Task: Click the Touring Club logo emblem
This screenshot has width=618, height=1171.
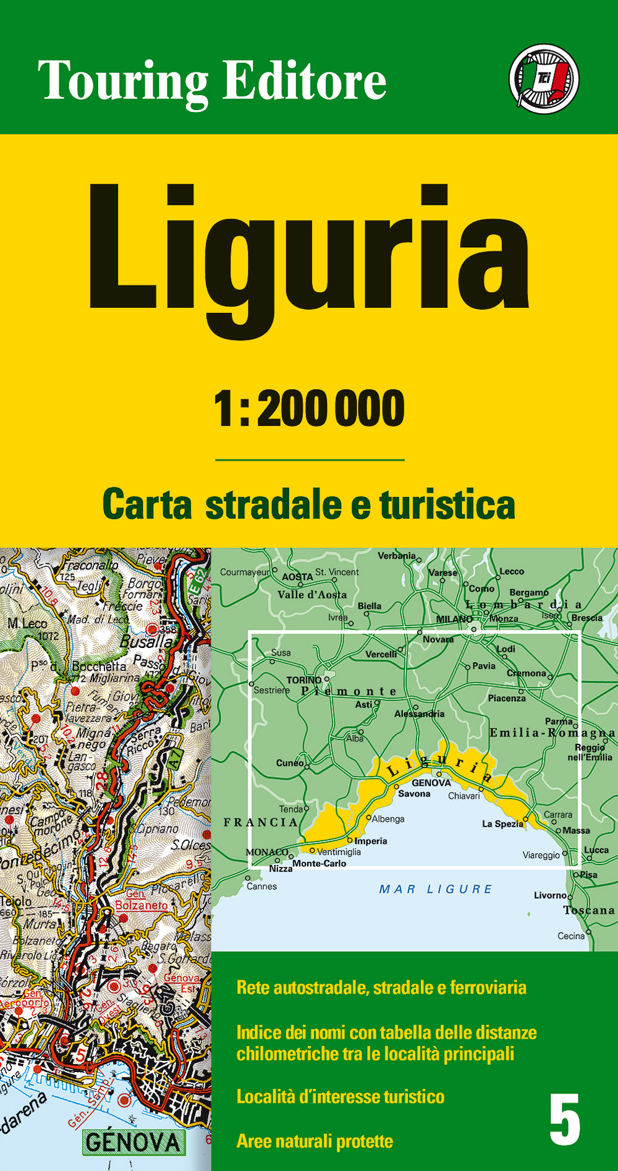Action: pos(544,79)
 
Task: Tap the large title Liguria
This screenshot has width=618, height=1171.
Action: pos(309,253)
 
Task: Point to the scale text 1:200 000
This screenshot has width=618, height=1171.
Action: pos(309,409)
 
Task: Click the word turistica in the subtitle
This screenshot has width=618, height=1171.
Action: pos(447,505)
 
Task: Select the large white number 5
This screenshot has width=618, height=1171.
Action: pos(565,1119)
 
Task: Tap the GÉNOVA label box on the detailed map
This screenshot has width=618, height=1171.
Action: pos(133,1142)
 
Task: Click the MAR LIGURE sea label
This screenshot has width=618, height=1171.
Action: pos(436,889)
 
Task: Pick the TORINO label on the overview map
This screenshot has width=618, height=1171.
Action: pos(303,679)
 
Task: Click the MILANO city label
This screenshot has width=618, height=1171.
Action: pos(454,619)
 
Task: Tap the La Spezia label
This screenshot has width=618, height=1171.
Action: pos(502,824)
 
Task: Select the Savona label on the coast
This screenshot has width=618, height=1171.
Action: pos(414,794)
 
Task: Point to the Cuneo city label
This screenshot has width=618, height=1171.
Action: pos(289,762)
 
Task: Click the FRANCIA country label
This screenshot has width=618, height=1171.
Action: pos(260,822)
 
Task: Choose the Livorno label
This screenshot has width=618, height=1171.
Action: pos(550,895)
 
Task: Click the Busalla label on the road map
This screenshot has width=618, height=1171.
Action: pos(146,641)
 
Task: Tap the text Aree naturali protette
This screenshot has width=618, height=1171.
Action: pos(315,1141)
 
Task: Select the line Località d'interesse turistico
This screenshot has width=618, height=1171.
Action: pos(340,1097)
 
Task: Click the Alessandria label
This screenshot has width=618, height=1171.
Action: pos(419,713)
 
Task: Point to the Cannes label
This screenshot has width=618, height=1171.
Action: pos(261,887)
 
